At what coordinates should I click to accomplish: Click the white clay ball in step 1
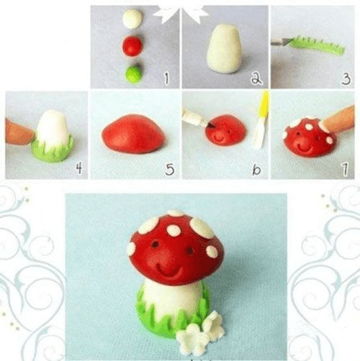tap(132, 19)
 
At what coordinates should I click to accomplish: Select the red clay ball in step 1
tap(132, 46)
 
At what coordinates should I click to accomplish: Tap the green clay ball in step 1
tap(133, 74)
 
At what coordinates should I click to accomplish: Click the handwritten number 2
tap(256, 78)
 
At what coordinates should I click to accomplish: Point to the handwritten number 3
tap(346, 78)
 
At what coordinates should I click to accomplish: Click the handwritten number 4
tap(79, 168)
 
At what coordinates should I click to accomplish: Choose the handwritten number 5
tap(169, 169)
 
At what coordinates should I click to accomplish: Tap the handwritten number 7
tap(345, 169)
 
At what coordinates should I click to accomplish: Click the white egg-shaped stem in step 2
tap(224, 48)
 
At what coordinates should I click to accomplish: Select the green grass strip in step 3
tap(318, 45)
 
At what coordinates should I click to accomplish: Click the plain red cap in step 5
tap(133, 134)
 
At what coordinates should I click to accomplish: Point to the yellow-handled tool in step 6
tap(261, 119)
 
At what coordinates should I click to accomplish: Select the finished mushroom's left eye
tap(155, 244)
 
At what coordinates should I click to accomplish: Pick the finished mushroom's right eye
tap(190, 251)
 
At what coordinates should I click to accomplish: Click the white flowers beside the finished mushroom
tap(201, 333)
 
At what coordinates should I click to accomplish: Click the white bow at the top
tap(181, 13)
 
